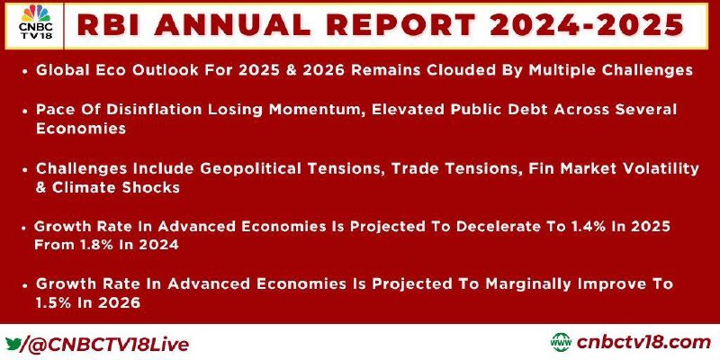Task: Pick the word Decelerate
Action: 487,227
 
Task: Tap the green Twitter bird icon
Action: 13,343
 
